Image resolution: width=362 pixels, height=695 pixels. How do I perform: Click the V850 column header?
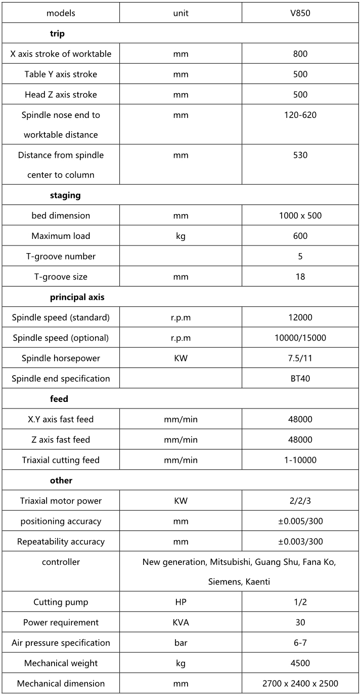pos(300,13)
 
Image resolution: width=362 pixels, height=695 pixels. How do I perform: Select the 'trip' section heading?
pos(57,33)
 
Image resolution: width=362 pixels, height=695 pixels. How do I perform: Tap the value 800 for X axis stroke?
pos(300,54)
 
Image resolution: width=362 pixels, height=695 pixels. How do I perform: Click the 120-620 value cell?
pos(300,115)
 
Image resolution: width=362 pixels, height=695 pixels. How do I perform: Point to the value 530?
pos(300,155)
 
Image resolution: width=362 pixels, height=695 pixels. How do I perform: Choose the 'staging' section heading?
pos(65,195)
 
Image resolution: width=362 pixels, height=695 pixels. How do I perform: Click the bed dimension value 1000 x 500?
pos(300,216)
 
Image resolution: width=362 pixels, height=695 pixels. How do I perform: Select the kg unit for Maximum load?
pos(180,236)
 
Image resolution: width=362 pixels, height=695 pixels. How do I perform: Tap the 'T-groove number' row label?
pos(61,256)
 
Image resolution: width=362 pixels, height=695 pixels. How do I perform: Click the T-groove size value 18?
pos(300,277)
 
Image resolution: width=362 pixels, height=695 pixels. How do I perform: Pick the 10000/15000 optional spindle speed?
pos(300,338)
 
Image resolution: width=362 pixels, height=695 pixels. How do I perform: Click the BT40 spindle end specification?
pos(300,379)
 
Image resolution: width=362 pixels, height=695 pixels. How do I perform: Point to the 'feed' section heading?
pos(59,399)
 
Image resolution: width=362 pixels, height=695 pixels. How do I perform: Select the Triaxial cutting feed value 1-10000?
pos(300,460)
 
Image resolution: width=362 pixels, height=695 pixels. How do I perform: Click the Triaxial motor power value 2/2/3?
pos(300,501)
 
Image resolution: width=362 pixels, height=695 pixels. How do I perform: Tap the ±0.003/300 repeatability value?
pos(300,542)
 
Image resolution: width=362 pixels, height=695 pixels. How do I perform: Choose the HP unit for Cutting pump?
pos(180,602)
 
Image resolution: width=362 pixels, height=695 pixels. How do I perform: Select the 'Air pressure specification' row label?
pos(61,643)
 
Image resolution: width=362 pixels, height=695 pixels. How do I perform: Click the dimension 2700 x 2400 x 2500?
pos(300,683)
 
